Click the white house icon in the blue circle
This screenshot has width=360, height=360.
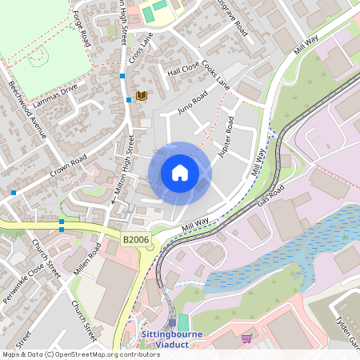tap(180, 173)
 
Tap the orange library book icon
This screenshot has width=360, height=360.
tap(142, 95)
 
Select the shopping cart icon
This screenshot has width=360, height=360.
tap(246, 338)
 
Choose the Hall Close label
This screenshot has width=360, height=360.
tap(183, 70)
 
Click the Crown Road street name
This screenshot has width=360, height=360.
tap(66, 158)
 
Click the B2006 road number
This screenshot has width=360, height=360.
tap(136, 239)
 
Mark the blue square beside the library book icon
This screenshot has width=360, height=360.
tap(129, 100)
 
